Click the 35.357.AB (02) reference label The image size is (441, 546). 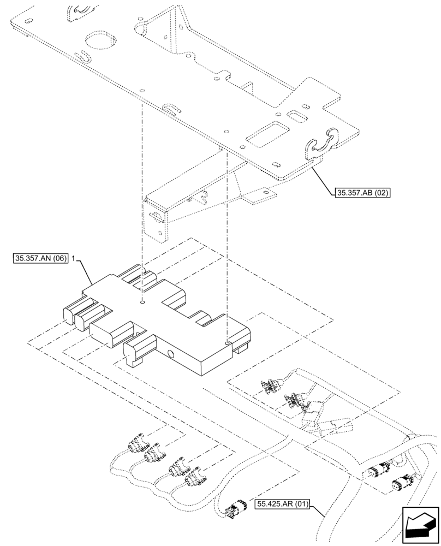click(x=361, y=192)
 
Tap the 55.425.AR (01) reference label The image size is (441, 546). click(x=279, y=505)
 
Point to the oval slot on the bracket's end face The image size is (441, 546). click(x=157, y=217)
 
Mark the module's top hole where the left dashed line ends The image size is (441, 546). click(x=142, y=301)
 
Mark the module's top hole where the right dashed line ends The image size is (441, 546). click(x=226, y=342)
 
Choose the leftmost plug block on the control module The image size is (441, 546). click(x=72, y=314)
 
